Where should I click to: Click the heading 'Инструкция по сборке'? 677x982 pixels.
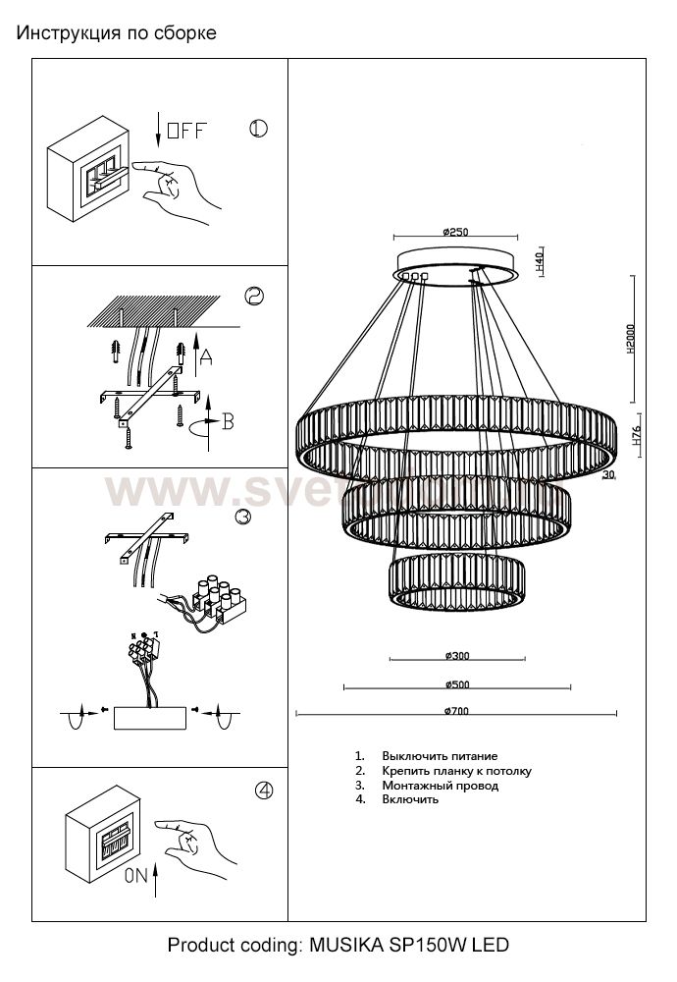point(116,33)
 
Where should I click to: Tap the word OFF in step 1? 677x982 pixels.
point(186,131)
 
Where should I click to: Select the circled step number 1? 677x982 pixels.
point(258,129)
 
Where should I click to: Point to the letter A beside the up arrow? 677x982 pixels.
point(205,358)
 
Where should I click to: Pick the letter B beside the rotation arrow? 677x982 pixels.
point(228,421)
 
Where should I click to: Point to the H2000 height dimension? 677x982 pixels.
point(633,340)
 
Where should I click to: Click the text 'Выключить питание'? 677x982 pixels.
point(440,756)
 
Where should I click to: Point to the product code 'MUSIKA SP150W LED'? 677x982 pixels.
point(409,946)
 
